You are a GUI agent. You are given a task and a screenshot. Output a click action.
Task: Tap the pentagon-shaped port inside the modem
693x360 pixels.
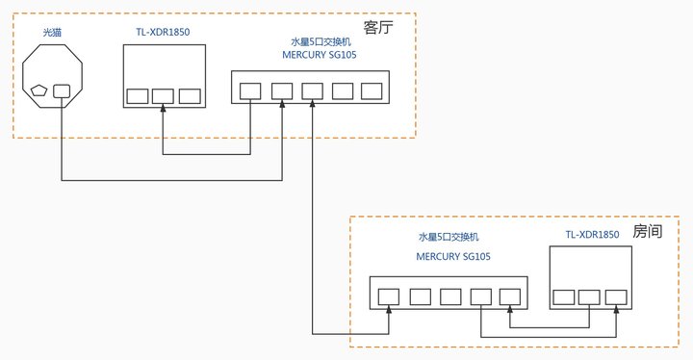pyautogui.click(x=39, y=90)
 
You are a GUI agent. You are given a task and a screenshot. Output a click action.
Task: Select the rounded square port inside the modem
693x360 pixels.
pyautogui.click(x=62, y=90)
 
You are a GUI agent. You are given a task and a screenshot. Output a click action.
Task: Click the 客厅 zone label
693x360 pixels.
pyautogui.click(x=378, y=27)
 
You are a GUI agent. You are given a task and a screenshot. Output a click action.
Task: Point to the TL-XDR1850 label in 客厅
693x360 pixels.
pyautogui.click(x=163, y=33)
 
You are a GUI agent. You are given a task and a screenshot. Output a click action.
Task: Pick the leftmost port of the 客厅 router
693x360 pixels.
pyautogui.click(x=137, y=96)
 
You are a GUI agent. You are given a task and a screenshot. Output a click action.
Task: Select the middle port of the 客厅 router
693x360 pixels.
pyautogui.click(x=163, y=96)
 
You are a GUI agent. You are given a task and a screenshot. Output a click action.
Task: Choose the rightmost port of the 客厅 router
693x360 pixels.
pyautogui.click(x=189, y=96)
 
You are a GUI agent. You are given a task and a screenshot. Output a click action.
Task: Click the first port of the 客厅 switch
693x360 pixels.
pyautogui.click(x=250, y=90)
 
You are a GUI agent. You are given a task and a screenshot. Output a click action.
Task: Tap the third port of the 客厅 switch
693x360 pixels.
pyautogui.click(x=312, y=90)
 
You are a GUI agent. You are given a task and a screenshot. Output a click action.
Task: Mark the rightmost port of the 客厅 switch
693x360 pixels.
pyautogui.click(x=372, y=90)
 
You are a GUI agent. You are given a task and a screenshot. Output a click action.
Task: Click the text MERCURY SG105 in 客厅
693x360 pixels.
pyautogui.click(x=319, y=55)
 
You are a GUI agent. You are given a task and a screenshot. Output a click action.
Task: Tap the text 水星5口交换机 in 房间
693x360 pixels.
pyautogui.click(x=449, y=237)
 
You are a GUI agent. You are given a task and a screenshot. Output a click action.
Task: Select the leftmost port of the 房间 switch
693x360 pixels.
pyautogui.click(x=389, y=296)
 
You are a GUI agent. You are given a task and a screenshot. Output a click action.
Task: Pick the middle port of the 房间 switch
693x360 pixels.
pyautogui.click(x=450, y=296)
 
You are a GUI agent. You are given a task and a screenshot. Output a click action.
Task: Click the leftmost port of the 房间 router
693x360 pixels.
pyautogui.click(x=564, y=296)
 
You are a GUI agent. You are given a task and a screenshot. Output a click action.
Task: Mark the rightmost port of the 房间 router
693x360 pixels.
pyautogui.click(x=616, y=296)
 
